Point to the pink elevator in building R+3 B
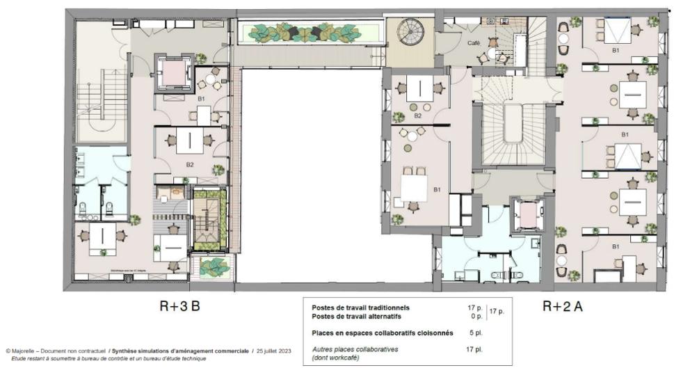coord(172,72)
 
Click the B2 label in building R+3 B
coord(189,164)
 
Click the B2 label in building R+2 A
coord(418,115)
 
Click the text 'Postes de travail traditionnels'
coord(361,307)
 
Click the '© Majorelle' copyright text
coord(21,351)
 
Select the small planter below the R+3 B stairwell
coord(214,266)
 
